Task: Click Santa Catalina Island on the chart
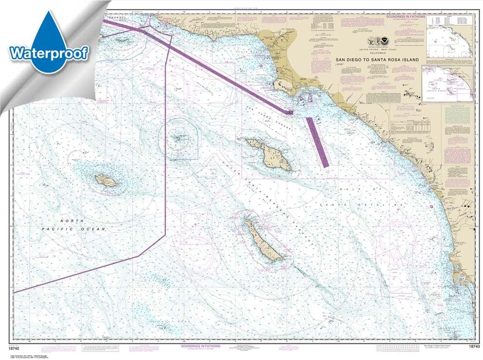[x=270, y=154]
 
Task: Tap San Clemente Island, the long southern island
[x=263, y=240]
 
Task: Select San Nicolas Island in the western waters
[x=106, y=180]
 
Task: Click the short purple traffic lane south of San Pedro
[x=317, y=141]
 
